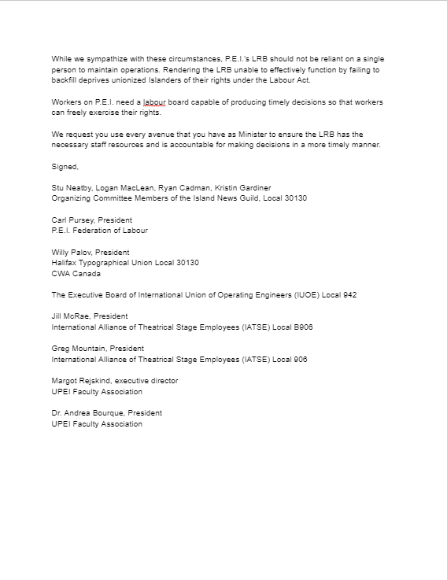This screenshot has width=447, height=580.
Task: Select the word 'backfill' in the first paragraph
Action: [x=65, y=81]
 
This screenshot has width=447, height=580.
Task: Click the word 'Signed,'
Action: [x=65, y=167]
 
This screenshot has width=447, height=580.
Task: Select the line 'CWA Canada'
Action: [x=76, y=274]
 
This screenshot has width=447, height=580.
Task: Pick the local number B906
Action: [x=302, y=327]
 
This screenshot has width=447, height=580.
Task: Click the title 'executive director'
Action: [x=146, y=381]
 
